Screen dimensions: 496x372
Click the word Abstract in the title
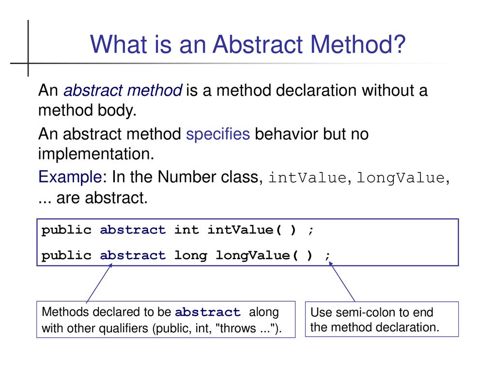click(258, 44)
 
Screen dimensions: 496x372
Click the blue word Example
click(70, 177)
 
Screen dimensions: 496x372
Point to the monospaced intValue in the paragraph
click(308, 177)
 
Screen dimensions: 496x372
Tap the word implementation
click(96, 154)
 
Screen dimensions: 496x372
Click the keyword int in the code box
click(186, 230)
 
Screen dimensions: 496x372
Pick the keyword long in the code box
click(191, 255)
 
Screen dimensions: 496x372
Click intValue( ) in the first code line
click(252, 230)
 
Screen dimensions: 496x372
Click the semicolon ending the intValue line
click(311, 231)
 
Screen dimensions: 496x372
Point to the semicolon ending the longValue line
click(328, 256)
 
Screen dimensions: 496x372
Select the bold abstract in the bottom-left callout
click(207, 312)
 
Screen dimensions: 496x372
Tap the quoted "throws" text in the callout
click(236, 328)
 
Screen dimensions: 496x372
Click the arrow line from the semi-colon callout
click(342, 281)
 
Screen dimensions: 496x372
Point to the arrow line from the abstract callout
click(99, 283)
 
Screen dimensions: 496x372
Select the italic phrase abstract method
click(123, 91)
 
